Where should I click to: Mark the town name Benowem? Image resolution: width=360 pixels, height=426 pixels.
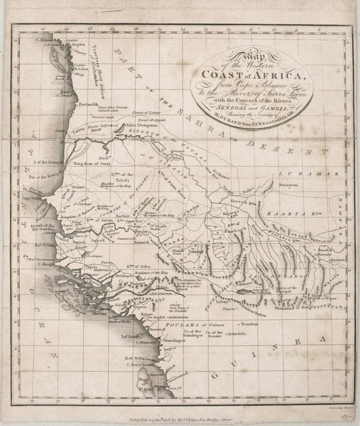[x=288, y=185]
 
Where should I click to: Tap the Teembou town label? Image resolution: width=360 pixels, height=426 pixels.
[x=249, y=323]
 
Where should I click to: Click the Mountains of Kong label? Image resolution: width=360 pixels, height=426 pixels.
[x=293, y=307]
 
